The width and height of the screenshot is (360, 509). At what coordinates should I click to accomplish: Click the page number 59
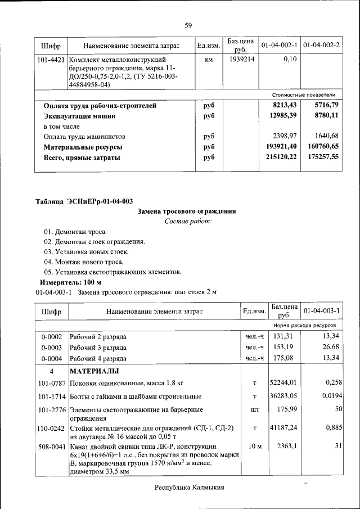[x=188, y=25]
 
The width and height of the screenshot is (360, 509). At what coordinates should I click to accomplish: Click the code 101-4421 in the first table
[x=51, y=59]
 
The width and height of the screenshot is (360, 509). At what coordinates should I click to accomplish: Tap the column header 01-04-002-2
[x=321, y=44]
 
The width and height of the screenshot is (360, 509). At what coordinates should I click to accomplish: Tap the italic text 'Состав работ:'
[x=188, y=222]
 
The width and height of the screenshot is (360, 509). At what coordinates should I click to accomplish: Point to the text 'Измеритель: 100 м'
[x=70, y=282]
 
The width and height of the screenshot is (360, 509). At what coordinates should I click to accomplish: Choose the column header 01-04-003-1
[x=321, y=310]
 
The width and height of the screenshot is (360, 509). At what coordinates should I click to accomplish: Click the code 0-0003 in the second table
[x=51, y=347]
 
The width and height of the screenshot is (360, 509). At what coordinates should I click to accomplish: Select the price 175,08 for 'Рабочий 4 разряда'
[x=284, y=358]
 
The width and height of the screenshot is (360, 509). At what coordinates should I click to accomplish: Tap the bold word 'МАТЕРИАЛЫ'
[x=94, y=372]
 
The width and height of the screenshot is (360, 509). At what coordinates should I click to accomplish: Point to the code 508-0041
[x=51, y=445]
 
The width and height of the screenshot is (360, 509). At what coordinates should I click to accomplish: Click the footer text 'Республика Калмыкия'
[x=189, y=488]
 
